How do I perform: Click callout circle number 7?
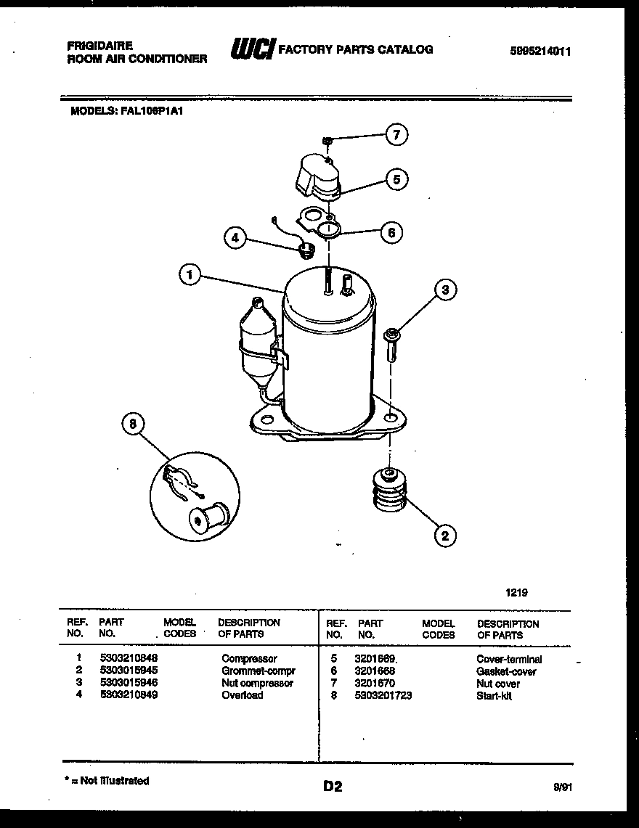tap(396, 134)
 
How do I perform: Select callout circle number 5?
tap(396, 179)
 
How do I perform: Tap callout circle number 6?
tap(391, 232)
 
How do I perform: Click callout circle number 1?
tap(189, 275)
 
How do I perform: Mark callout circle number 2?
tap(444, 536)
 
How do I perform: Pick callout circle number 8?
tap(133, 425)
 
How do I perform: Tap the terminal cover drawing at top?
tap(318, 176)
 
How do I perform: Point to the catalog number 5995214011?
tap(541, 51)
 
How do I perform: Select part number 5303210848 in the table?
tap(128, 659)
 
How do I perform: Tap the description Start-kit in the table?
tap(494, 696)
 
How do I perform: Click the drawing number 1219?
tap(516, 592)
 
